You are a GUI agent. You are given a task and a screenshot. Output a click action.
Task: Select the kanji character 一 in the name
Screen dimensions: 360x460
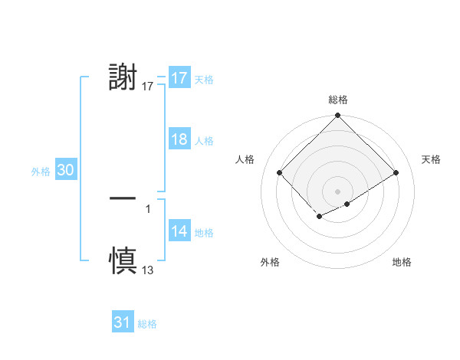[x=123, y=198]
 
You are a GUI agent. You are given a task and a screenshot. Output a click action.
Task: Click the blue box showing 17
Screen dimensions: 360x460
[x=179, y=78]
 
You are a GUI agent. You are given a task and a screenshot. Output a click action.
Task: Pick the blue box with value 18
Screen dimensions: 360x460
[x=179, y=140]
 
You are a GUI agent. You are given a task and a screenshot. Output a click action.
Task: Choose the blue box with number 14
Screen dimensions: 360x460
[x=179, y=232]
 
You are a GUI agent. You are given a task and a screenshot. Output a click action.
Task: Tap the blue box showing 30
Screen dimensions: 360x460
[x=65, y=171]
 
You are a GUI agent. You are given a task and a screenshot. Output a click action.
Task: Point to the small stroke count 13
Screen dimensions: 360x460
[x=148, y=270]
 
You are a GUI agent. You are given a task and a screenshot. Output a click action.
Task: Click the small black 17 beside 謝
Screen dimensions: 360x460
[x=148, y=87]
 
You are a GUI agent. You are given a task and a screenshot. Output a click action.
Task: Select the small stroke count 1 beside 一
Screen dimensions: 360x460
[x=148, y=208]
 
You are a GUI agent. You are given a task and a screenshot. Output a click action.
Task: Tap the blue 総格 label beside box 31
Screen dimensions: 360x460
[x=147, y=324]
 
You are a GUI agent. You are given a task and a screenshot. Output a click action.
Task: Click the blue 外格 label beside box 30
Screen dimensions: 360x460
[x=41, y=172]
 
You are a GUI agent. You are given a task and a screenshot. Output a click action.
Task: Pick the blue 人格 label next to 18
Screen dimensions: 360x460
[x=204, y=141]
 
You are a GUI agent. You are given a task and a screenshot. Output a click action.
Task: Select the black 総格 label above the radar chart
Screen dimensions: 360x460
[x=337, y=100]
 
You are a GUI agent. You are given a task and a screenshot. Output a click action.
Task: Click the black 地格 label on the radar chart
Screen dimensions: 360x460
[x=402, y=263]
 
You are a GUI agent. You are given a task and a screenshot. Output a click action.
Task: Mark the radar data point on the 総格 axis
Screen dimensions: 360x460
[x=337, y=116]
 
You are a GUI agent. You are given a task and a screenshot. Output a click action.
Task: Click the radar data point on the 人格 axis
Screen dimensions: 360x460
[x=280, y=172]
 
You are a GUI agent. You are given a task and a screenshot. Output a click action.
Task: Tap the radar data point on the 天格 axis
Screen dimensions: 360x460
[x=396, y=172]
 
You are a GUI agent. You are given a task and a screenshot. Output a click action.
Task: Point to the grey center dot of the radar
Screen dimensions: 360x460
[x=337, y=190]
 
